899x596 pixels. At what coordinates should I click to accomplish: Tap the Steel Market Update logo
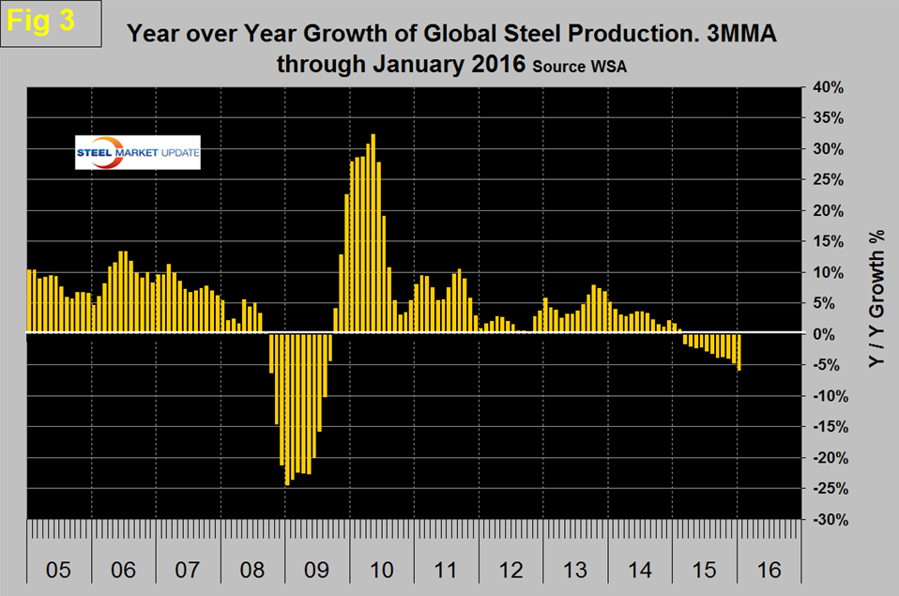[x=138, y=153]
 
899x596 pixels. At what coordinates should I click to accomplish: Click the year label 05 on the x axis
[x=59, y=570]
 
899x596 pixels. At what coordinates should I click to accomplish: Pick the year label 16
[x=768, y=570]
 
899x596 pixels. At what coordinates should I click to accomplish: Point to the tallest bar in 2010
[x=373, y=233]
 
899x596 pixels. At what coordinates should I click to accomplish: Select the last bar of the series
[x=739, y=352]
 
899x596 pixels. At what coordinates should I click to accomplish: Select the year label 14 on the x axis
[x=638, y=570]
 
